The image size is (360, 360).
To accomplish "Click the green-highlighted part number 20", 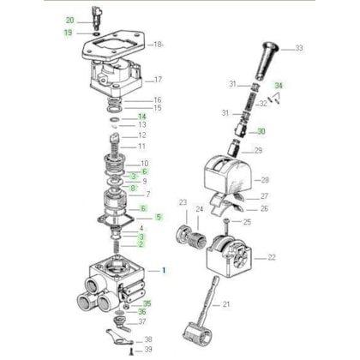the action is click(70, 21).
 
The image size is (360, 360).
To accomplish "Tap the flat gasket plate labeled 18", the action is click(113, 45).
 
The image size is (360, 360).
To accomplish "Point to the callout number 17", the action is click(158, 80).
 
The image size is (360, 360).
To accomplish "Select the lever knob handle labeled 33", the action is click(266, 61).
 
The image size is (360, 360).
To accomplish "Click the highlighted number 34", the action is click(279, 86).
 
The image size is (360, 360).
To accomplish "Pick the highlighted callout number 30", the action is click(261, 131).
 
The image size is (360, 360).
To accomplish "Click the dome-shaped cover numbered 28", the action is click(228, 173).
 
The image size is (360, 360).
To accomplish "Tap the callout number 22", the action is click(272, 257).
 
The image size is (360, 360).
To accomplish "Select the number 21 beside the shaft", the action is click(226, 304).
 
